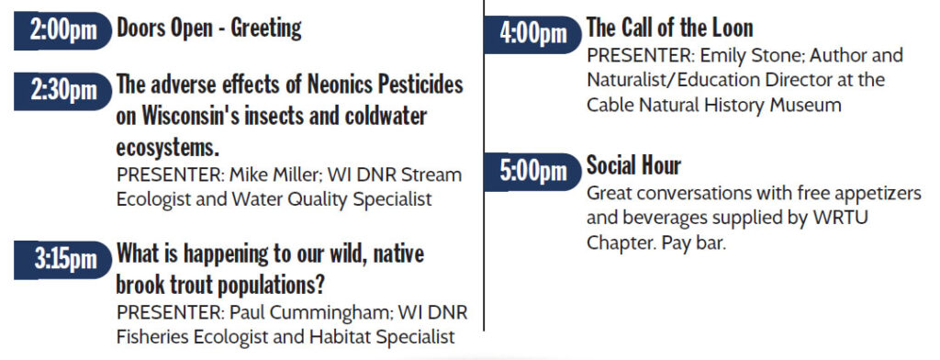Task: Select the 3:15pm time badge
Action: click(x=62, y=260)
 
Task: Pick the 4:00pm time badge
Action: click(x=532, y=34)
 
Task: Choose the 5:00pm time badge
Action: click(x=532, y=171)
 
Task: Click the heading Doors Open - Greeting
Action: click(x=208, y=28)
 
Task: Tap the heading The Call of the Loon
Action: click(x=669, y=28)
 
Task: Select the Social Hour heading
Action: click(x=633, y=165)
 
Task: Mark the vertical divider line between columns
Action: click(x=484, y=165)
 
